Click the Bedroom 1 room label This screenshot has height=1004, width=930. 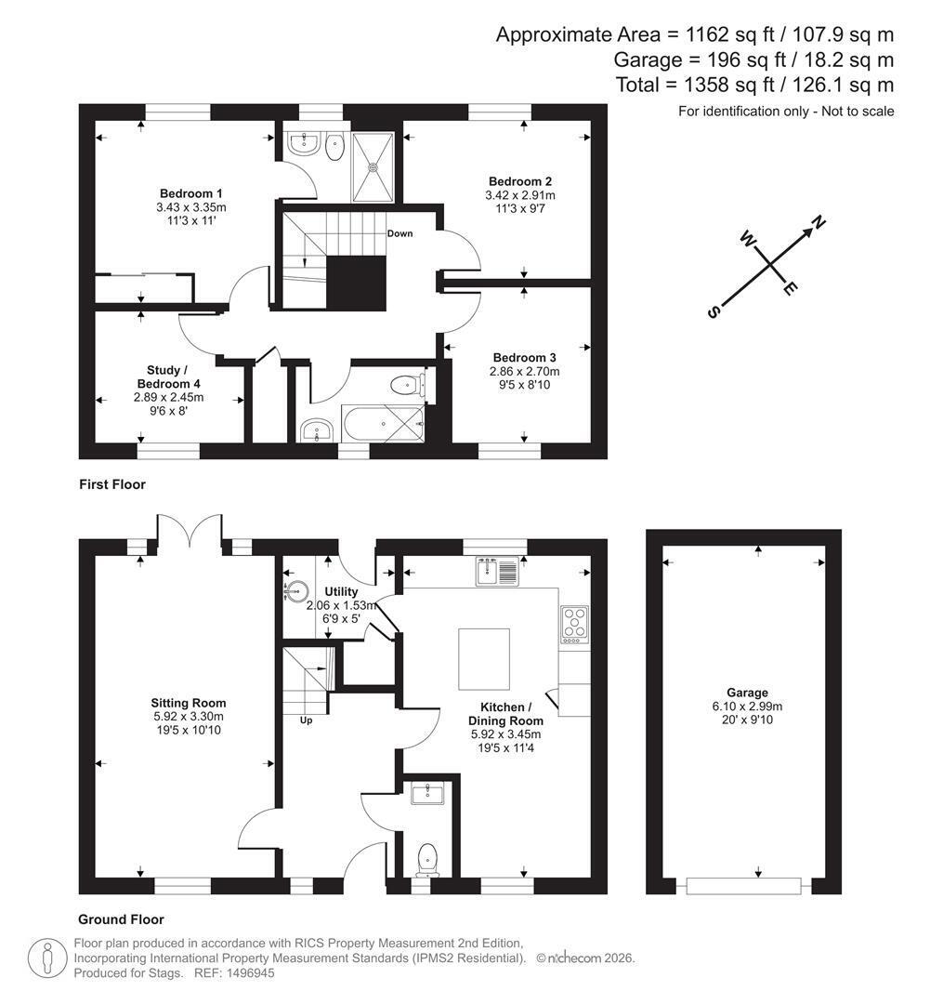tap(190, 193)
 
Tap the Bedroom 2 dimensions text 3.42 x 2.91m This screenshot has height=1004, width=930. tap(519, 195)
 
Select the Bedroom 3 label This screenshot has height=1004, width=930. tap(524, 358)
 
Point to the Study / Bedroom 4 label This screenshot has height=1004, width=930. tap(168, 377)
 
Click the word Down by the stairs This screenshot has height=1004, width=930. tap(400, 233)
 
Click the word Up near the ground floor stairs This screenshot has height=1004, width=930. tap(306, 720)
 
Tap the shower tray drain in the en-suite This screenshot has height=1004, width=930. tap(373, 167)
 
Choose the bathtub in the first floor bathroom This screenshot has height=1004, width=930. tap(384, 423)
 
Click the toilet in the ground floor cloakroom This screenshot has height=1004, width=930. tap(427, 860)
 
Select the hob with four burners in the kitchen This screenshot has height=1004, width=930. tap(575, 625)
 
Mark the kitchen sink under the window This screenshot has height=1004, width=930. tap(497, 571)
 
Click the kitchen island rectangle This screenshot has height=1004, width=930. tap(484, 659)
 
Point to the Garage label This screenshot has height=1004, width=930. tap(747, 693)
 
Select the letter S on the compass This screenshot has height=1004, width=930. tap(713, 311)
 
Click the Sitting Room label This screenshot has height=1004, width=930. tap(189, 703)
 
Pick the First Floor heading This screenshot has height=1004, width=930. tap(112, 484)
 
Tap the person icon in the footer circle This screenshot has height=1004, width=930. tap(48, 958)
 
